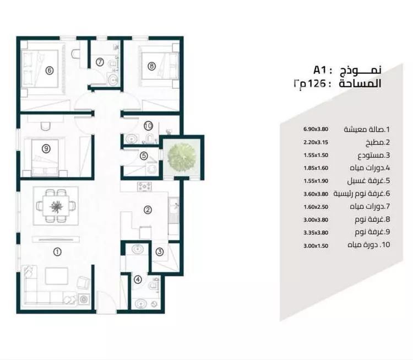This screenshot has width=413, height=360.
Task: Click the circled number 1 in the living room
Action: [x=57, y=252]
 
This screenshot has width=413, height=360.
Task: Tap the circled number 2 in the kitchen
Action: [x=148, y=209]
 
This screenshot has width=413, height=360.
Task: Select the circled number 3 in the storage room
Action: [x=159, y=252]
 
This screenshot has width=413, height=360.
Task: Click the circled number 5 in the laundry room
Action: [x=143, y=156]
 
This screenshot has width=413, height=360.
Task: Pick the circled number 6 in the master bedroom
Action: [x=49, y=70]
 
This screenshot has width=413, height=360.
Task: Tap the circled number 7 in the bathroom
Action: [x=100, y=62]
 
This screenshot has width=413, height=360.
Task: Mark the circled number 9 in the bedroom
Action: [x=46, y=148]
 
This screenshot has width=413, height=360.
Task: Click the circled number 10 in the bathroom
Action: [x=148, y=126]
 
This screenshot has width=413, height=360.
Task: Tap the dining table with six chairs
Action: [x=56, y=207]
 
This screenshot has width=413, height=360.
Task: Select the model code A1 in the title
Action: [x=320, y=70]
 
